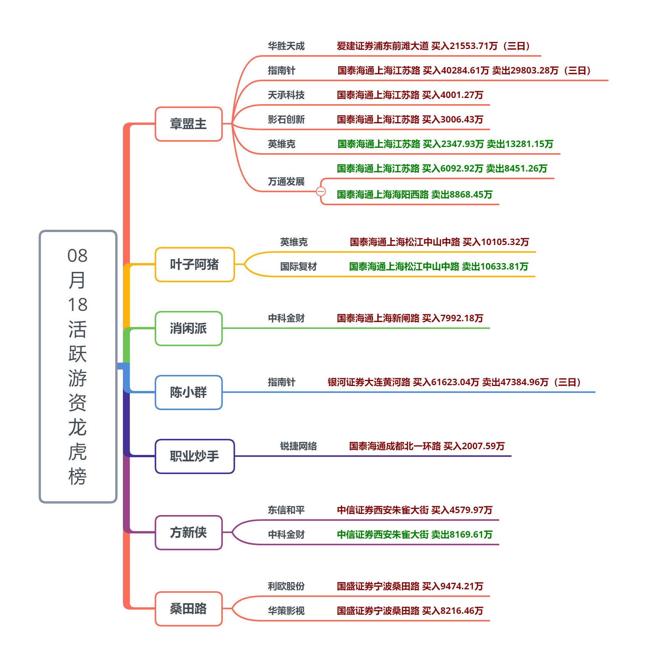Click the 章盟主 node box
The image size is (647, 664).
(188, 124)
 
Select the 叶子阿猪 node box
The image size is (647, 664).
(194, 265)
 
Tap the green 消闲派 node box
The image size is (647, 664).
(188, 329)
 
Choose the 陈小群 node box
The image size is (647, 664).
(188, 393)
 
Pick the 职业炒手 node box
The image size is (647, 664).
(194, 456)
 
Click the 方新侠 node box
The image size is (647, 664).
(188, 533)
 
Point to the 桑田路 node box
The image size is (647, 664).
(188, 609)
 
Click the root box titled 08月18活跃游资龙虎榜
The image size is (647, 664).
(78, 366)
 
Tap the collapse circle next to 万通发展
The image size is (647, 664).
(321, 191)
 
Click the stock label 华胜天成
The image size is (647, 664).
(286, 46)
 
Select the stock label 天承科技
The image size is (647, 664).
(286, 95)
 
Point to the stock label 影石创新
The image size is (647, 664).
(286, 120)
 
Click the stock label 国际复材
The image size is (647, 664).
(298, 267)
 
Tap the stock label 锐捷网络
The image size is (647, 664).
(298, 446)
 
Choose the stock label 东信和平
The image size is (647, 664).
(286, 510)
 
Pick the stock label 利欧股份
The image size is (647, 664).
(286, 587)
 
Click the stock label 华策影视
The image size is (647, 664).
(286, 611)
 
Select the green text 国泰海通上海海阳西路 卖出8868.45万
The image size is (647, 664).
(414, 195)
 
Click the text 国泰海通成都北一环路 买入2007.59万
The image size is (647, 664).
(426, 446)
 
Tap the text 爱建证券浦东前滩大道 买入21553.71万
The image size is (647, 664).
(433, 46)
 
